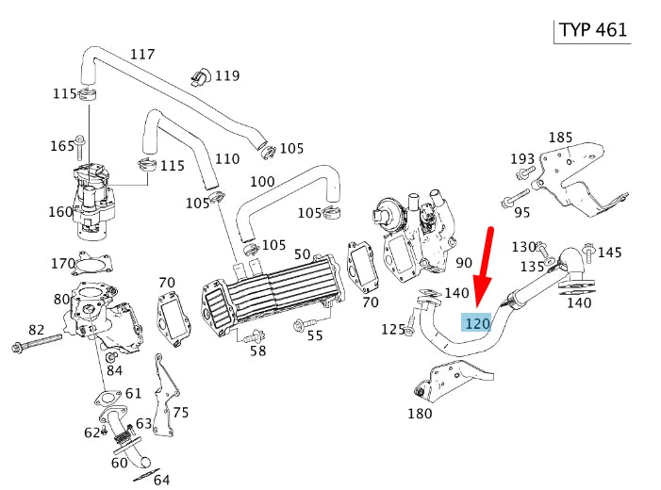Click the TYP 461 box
[x=593, y=28]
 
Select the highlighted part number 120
[x=478, y=323]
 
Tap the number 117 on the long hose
[x=141, y=54]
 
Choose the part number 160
[x=60, y=211]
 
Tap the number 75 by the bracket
[x=181, y=412]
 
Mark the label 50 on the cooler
[x=302, y=254]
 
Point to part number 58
[x=257, y=351]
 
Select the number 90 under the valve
[x=463, y=262]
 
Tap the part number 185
[x=560, y=137]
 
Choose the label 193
[x=521, y=157]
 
